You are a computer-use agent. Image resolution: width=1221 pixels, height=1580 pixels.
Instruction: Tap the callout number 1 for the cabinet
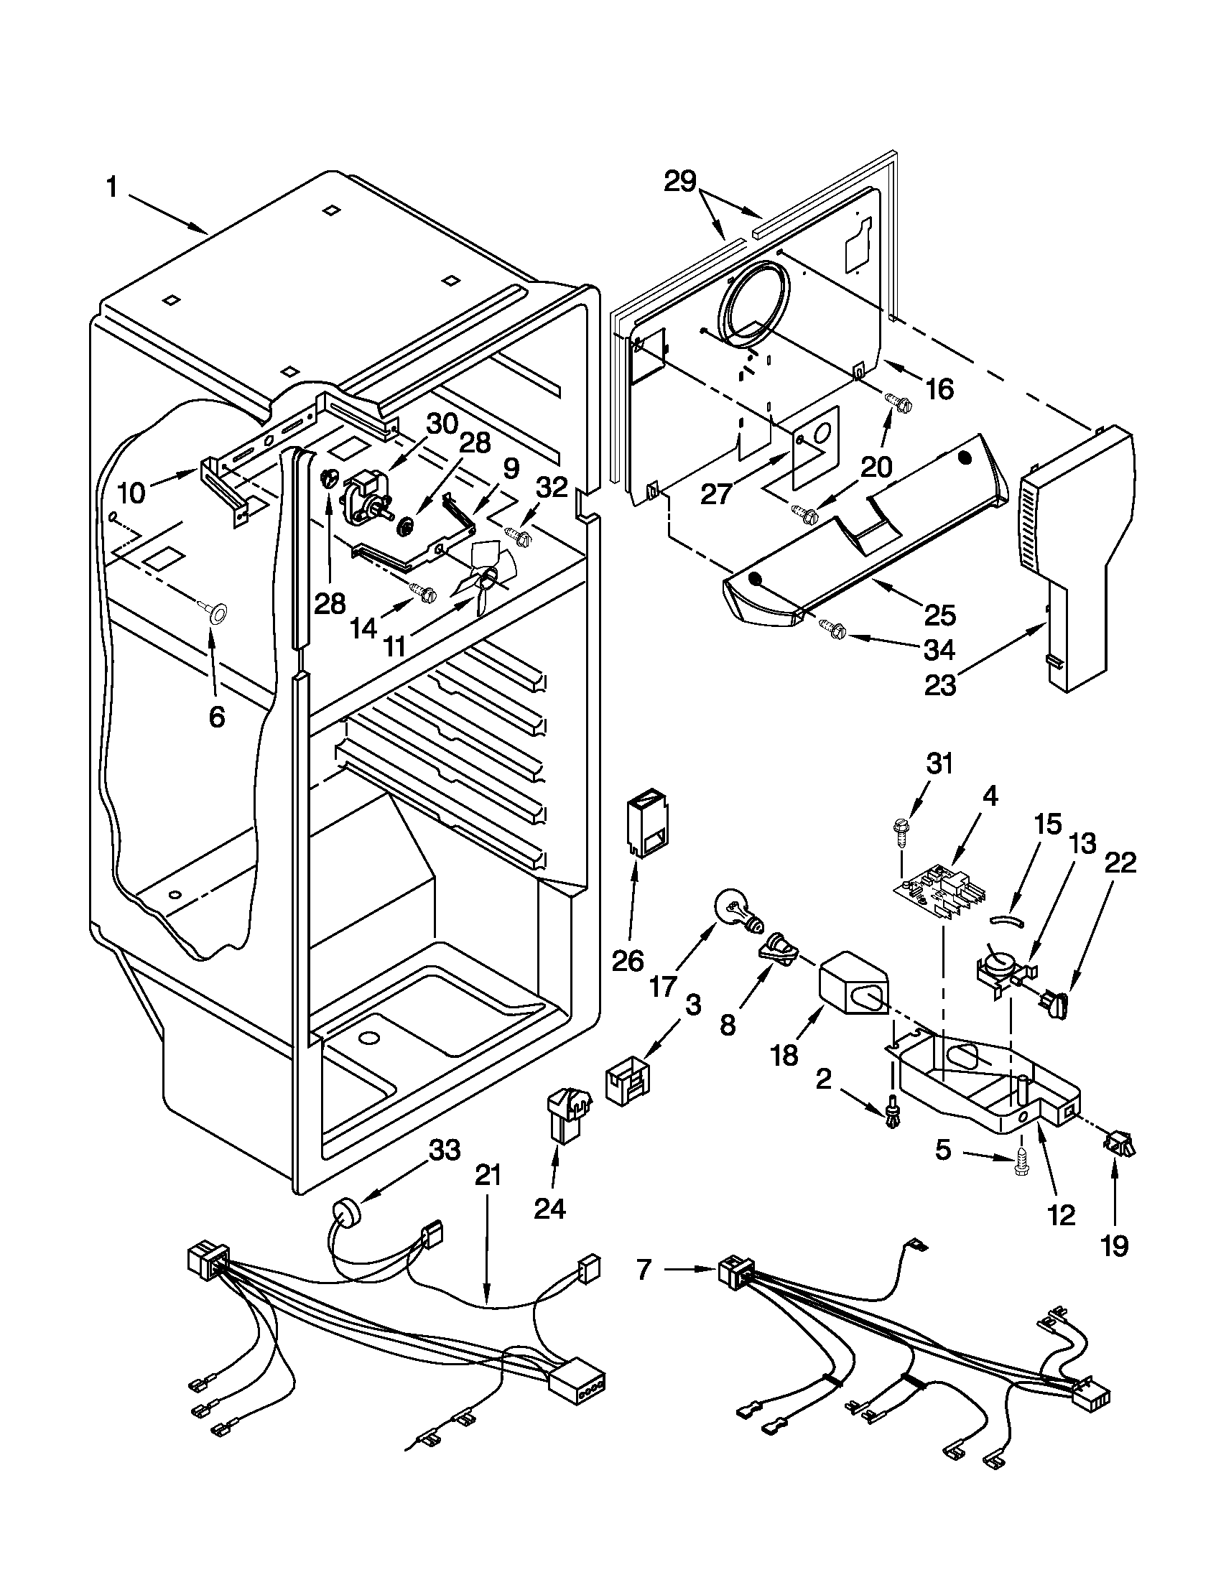111,189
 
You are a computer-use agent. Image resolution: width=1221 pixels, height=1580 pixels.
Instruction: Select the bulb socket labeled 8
779,951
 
